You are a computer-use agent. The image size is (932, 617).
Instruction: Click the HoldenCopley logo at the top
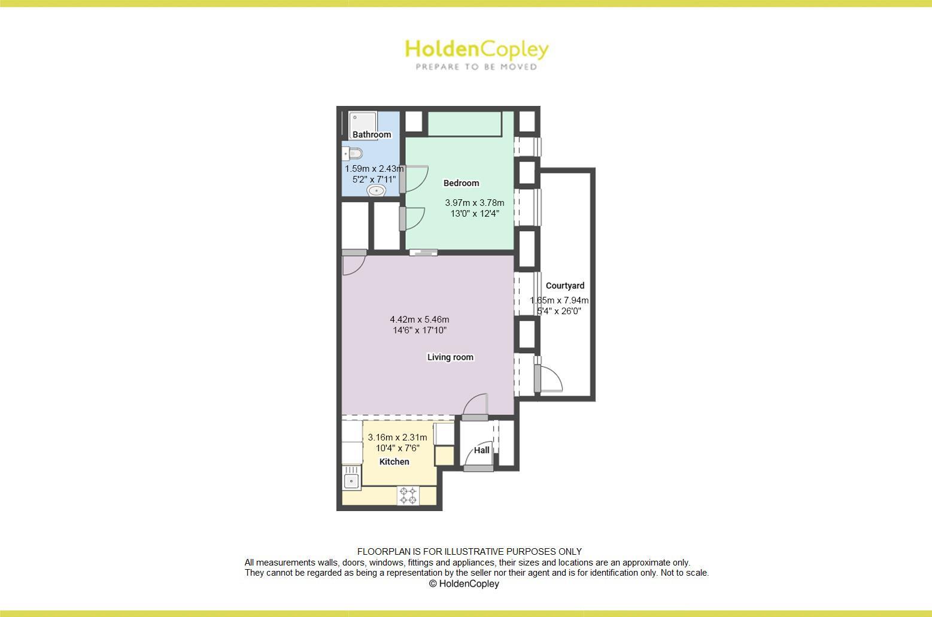476,49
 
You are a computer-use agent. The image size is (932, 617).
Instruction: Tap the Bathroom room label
372,135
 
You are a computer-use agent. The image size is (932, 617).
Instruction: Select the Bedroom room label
461,183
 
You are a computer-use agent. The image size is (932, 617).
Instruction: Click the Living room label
450,357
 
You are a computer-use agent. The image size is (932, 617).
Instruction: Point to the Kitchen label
394,462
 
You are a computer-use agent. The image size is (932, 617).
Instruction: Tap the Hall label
482,451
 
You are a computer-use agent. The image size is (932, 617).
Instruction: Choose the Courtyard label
565,286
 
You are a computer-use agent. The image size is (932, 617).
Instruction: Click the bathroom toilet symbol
354,153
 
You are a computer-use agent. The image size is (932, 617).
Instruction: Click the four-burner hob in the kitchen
408,496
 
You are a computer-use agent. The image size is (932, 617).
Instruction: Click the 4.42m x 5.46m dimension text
420,320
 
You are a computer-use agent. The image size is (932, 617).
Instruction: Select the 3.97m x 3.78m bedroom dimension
475,203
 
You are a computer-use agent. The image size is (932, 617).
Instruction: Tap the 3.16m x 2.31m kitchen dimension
397,437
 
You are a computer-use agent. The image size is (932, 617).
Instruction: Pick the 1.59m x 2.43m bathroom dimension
374,169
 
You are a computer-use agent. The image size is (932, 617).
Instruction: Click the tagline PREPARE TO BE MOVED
476,67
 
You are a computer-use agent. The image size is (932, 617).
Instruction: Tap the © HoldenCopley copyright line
464,584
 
